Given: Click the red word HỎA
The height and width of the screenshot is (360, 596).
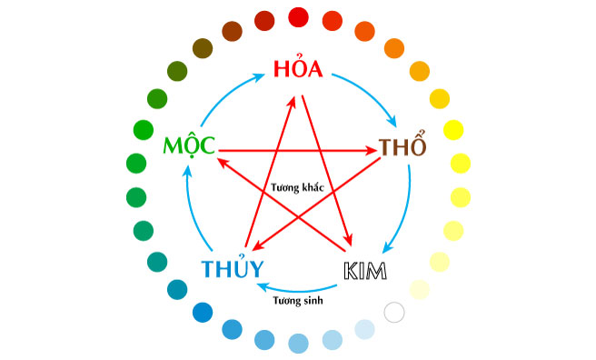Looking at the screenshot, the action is point(299,70).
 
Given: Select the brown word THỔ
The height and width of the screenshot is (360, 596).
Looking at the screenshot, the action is point(402,147).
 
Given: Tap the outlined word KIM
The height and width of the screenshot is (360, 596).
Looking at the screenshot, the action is point(365,270).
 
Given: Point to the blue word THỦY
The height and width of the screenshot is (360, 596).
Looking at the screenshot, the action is point(233,269).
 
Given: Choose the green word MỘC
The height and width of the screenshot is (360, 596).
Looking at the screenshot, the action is point(188,146).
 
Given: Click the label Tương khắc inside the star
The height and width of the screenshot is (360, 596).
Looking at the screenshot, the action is point(297,187).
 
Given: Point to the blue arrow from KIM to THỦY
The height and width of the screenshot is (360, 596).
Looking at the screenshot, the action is point(299,284).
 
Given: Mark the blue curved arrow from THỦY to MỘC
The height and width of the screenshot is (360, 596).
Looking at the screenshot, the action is point(193,209).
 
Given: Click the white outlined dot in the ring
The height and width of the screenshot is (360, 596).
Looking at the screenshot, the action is point(394,312).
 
